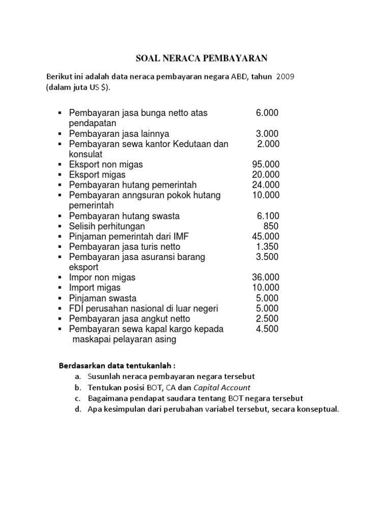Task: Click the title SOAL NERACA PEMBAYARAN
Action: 201,59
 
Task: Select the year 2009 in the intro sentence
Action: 285,76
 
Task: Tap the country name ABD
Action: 239,76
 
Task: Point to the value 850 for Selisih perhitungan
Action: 271,226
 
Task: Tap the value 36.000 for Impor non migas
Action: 266,278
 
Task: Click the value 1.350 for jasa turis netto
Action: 267,247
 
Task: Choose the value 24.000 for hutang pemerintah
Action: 266,185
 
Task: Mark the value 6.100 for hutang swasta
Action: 267,216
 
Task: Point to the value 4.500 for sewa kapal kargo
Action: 267,329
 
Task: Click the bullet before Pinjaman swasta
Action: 60,299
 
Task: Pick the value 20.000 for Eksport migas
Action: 266,175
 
